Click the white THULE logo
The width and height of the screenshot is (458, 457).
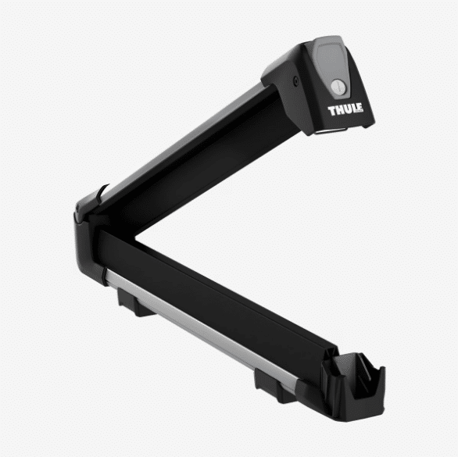click(345, 109)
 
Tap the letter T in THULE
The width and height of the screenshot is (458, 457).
click(332, 111)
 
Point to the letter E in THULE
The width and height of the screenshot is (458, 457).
click(360, 108)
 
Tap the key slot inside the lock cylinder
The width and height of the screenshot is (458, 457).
click(338, 87)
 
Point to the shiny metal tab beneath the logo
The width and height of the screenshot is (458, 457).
click(331, 130)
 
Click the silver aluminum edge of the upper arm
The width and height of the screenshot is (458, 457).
click(181, 140)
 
